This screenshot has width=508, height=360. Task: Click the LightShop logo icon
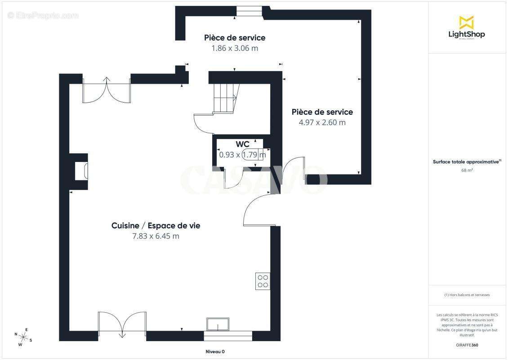pyautogui.click(x=466, y=22)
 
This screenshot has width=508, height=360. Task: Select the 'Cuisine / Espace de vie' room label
pyautogui.click(x=156, y=225)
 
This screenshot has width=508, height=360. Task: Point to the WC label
pyautogui.click(x=243, y=144)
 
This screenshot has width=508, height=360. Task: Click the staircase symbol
pyautogui.click(x=225, y=99)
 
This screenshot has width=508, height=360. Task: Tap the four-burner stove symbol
pyautogui.click(x=263, y=281)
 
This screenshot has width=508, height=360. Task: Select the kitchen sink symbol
pyautogui.click(x=218, y=324)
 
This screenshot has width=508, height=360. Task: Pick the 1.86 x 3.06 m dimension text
pyautogui.click(x=235, y=48)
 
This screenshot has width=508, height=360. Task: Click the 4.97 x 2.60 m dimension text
pyautogui.click(x=322, y=122)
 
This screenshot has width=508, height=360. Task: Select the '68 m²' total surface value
pyautogui.click(x=467, y=170)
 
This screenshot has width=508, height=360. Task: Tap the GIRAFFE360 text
pyautogui.click(x=467, y=344)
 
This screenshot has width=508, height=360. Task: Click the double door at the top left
pyautogui.click(x=107, y=90)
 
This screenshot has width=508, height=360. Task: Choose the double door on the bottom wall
pyautogui.click(x=122, y=324)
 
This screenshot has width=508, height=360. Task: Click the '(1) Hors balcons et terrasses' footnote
pyautogui.click(x=467, y=295)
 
